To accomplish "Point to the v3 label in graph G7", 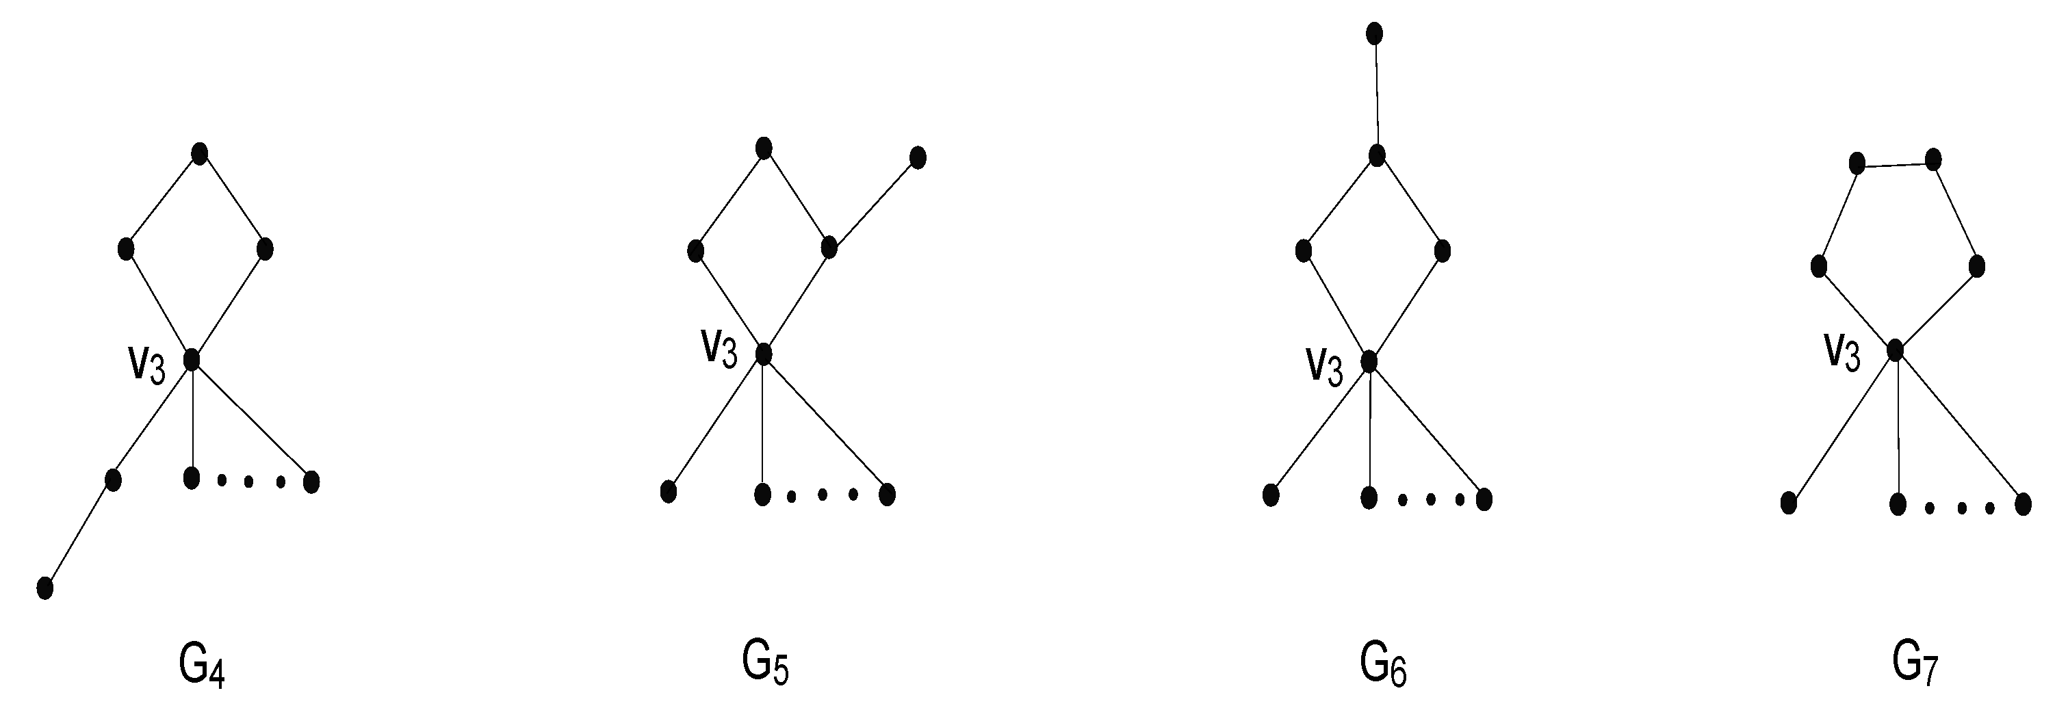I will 1841,352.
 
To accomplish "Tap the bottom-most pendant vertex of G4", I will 45,588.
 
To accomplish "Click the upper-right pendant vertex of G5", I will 918,157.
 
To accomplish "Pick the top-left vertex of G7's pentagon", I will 1857,164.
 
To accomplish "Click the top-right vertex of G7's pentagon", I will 1933,160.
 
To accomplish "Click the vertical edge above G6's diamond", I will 1376,94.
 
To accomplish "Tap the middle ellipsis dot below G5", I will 823,495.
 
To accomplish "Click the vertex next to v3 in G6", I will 1369,361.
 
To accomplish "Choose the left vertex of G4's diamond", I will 125,249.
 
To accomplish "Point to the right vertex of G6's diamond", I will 1442,250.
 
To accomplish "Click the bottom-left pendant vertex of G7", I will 1789,503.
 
